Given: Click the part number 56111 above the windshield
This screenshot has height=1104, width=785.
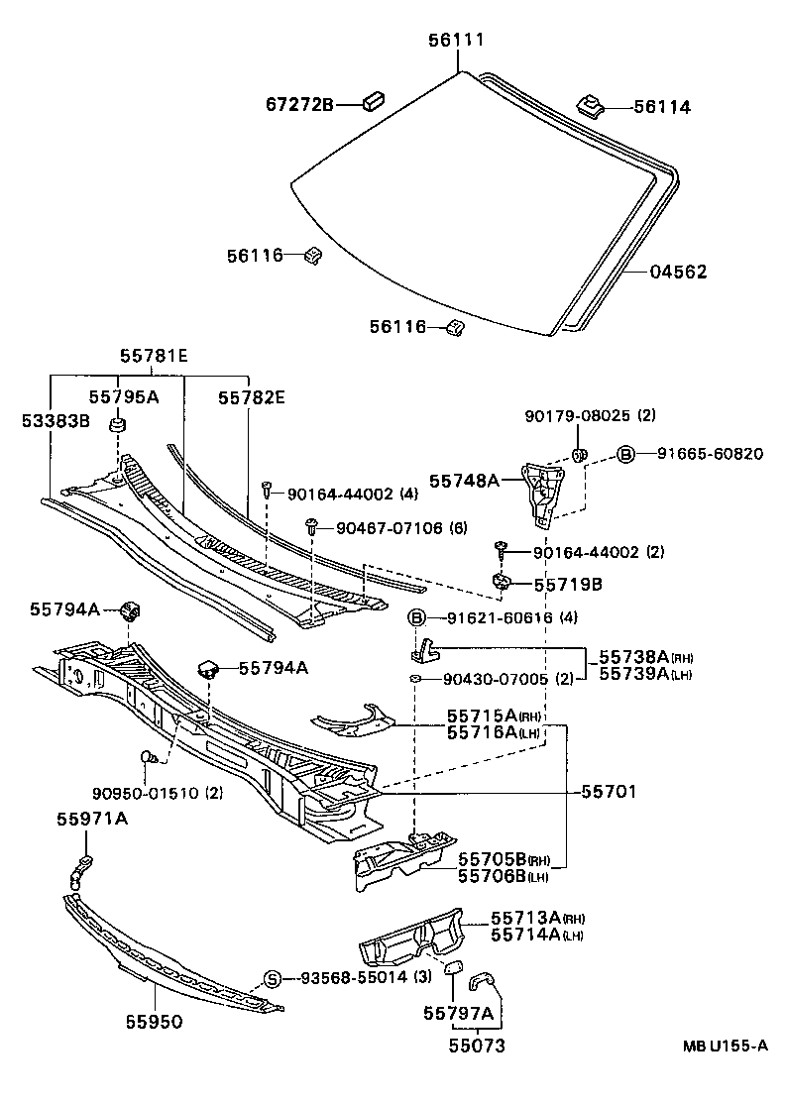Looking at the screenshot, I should [x=456, y=40].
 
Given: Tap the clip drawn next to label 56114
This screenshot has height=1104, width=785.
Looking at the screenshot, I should [x=588, y=102].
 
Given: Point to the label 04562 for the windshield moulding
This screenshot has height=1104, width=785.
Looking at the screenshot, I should [x=679, y=272].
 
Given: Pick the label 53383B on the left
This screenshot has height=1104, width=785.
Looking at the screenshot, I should [x=56, y=421].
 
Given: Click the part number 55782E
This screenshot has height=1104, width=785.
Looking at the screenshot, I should [x=252, y=397].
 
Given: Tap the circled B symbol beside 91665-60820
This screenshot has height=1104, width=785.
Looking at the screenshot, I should [x=625, y=454].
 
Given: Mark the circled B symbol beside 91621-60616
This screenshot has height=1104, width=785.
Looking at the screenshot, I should [x=417, y=618].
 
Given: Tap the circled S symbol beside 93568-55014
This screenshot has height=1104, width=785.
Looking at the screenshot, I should [x=273, y=979].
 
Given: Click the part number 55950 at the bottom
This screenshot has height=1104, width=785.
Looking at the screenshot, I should [x=154, y=1022].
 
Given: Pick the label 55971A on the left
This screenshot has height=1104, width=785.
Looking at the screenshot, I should [x=91, y=819].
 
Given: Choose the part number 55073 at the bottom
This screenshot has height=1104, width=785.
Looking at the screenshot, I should [x=477, y=1045].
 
